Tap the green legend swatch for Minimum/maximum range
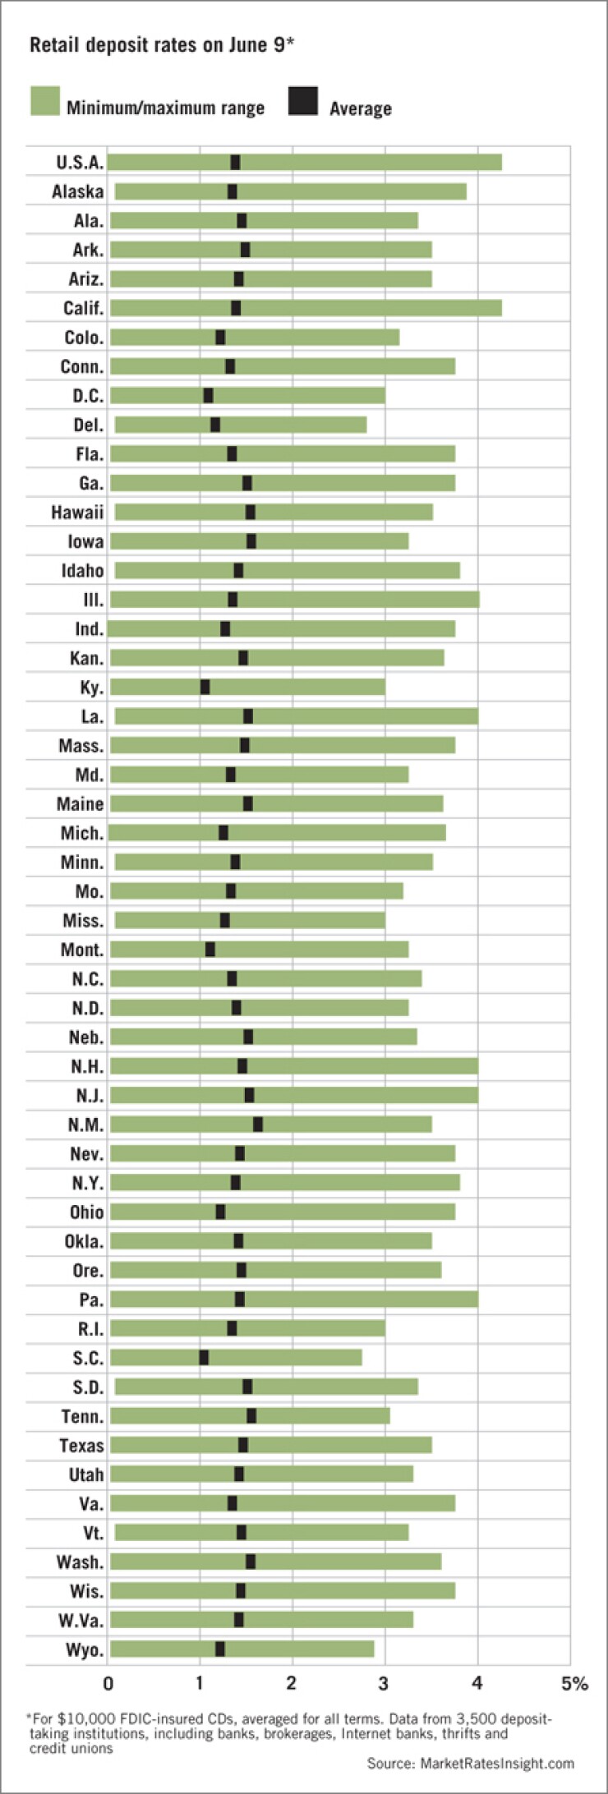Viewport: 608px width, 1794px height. [x=45, y=101]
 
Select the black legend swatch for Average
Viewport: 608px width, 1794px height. [x=302, y=101]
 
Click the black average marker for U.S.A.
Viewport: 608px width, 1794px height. [x=235, y=162]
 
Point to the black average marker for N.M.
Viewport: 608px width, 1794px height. [x=258, y=1125]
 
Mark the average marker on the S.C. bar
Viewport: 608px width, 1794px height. [x=204, y=1358]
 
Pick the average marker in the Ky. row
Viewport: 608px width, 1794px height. [x=205, y=687]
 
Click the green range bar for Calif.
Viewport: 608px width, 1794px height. [x=370, y=308]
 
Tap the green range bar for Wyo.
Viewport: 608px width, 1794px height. [x=304, y=1649]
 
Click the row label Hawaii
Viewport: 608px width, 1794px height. [x=77, y=513]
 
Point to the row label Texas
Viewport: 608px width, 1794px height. [x=81, y=1446]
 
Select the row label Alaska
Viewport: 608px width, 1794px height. [x=77, y=191]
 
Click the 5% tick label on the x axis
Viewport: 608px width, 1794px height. [x=574, y=1684]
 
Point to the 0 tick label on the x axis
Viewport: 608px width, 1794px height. [x=108, y=1684]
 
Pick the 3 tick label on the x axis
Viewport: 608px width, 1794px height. [x=384, y=1684]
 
